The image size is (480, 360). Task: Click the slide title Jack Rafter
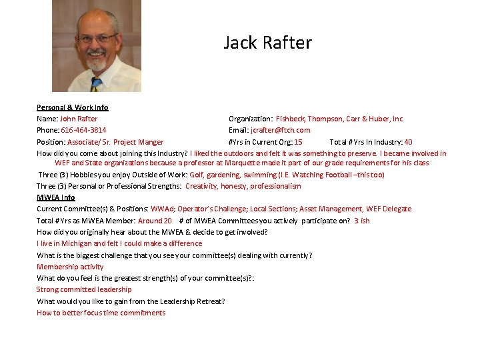click(267, 43)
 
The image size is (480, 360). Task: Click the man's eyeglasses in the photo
click(97, 38)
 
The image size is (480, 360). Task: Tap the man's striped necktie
click(95, 83)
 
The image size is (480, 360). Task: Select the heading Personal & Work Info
click(72, 107)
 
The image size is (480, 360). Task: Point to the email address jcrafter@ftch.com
click(280, 130)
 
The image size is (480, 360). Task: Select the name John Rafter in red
click(79, 119)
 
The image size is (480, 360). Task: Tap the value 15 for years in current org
click(298, 142)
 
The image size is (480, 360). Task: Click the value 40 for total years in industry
click(408, 142)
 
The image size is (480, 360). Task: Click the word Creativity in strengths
click(201, 186)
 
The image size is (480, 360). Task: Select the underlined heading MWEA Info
click(56, 197)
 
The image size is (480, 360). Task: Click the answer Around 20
click(155, 221)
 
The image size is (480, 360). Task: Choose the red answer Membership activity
click(70, 267)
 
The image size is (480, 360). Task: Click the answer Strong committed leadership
click(84, 289)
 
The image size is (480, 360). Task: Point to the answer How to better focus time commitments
click(101, 313)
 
